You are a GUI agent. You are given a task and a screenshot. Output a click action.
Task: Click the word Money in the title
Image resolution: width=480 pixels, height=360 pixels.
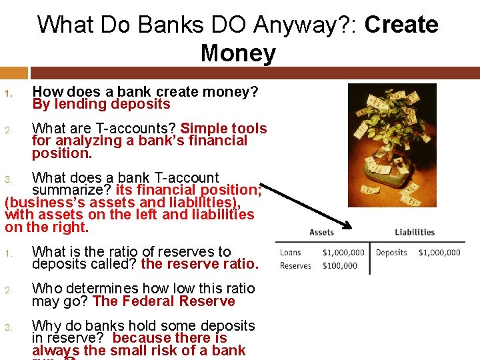point(238,53)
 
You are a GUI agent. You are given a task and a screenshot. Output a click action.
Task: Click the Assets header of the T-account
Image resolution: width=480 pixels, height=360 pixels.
point(321,232)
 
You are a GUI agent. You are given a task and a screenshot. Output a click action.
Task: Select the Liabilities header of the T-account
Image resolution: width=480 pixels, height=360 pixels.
point(414,232)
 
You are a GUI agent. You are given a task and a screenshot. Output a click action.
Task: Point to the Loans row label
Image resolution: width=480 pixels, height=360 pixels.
point(291,253)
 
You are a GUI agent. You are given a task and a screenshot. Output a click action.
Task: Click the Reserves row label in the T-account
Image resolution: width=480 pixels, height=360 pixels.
point(295,265)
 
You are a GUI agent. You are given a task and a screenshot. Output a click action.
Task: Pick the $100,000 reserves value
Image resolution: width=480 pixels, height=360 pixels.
point(340,265)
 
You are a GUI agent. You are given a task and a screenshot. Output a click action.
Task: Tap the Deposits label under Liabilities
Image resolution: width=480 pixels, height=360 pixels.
point(391,253)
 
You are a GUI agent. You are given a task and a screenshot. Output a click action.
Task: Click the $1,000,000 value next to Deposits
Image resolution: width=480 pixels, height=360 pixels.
point(439,253)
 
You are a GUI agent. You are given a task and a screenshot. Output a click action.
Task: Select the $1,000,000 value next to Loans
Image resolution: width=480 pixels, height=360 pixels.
point(343,253)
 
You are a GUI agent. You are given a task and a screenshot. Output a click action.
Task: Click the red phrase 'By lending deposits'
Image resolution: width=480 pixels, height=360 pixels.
point(101,104)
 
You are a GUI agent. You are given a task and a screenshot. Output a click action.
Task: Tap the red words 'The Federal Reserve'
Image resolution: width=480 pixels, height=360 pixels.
point(164,301)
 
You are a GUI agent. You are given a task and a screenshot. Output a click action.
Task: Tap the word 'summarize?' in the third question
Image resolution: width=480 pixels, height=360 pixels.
point(72,190)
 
